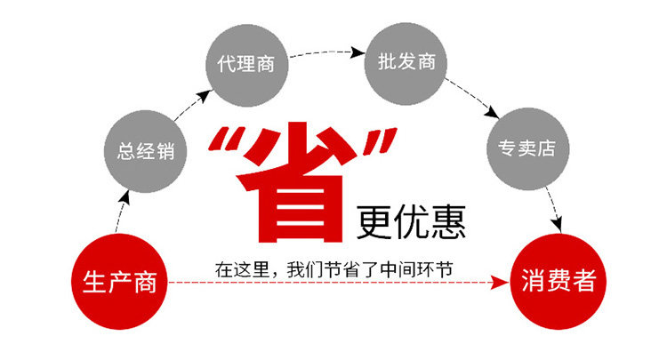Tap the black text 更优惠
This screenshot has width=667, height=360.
coord(412,220)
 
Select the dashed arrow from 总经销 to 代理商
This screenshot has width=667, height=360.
coord(189,100)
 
